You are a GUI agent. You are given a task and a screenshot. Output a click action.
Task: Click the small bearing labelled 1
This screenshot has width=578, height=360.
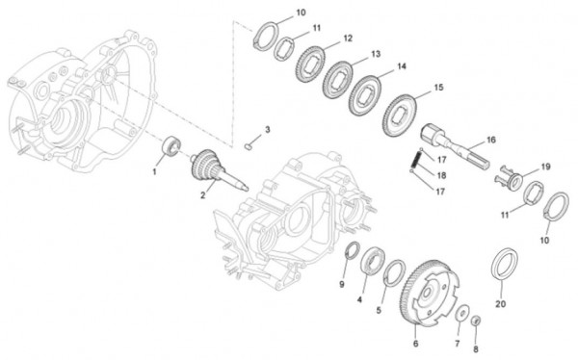[x=172, y=146]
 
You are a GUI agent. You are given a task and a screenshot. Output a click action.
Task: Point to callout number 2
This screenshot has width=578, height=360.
[x=203, y=195]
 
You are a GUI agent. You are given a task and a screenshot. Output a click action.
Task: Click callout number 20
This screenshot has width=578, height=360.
[x=500, y=303]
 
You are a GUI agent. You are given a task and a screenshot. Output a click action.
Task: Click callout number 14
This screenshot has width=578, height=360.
[x=402, y=66]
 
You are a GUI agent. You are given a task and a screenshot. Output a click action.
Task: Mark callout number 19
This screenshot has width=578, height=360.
[x=544, y=167]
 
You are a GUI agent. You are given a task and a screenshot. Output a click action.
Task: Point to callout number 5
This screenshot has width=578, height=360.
[x=379, y=312]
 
